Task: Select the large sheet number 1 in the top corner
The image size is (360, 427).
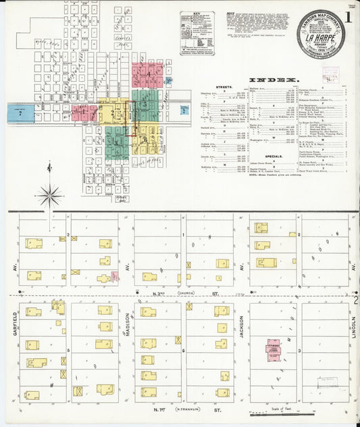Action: pyautogui.click(x=347, y=19)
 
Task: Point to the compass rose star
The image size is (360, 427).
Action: pyautogui.click(x=49, y=196)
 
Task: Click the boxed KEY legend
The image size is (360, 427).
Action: pyautogui.click(x=197, y=32)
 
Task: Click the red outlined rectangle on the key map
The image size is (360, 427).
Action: pyautogui.click(x=133, y=118)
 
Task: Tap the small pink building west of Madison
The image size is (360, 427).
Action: pyautogui.click(x=114, y=276)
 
